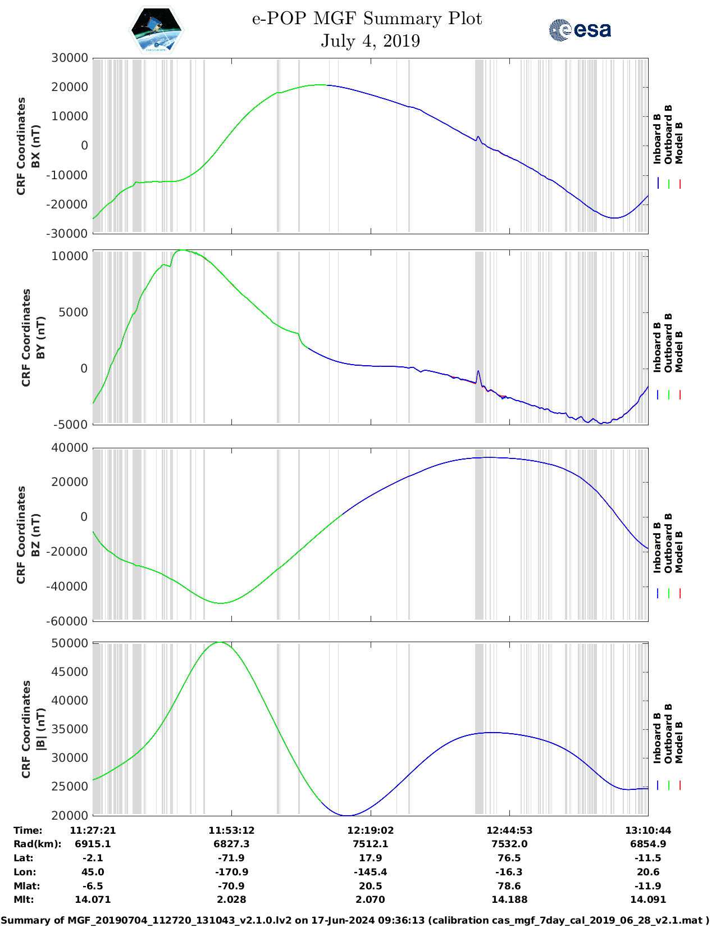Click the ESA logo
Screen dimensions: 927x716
pos(580,30)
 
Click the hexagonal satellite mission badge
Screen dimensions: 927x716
pos(157,30)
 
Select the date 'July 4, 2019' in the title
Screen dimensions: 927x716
pos(370,41)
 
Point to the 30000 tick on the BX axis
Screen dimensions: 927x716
pos(70,58)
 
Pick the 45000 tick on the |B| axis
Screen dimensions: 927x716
pos(70,672)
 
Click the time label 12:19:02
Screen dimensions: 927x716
pos(370,830)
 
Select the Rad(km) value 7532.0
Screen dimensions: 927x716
pos(509,844)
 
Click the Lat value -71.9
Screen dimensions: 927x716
pos(231,858)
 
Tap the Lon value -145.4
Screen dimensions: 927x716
pos(370,872)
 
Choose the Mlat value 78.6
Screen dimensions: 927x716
pos(509,886)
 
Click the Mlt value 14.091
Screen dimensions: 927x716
pos(647,899)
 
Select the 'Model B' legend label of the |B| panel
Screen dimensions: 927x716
pos(679,742)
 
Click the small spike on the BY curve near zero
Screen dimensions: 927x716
pos(478,371)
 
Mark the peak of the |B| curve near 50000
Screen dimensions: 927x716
pos(220,642)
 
